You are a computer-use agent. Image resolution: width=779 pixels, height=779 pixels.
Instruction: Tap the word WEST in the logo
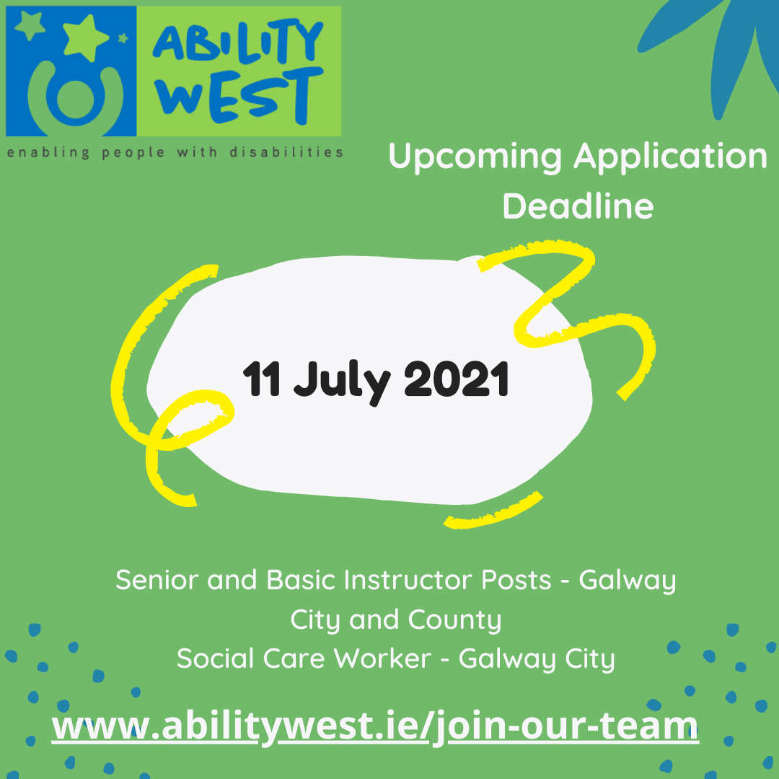pos(238,94)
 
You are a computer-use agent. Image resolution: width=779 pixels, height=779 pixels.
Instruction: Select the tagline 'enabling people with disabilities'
pos(175,152)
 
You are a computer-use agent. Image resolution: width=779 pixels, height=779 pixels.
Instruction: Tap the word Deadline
pos(578,206)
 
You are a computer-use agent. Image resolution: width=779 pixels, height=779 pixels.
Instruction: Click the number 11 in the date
pos(261,380)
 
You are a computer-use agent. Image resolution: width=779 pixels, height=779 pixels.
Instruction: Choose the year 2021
pos(456,380)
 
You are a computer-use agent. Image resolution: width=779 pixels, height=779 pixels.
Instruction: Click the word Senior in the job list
pos(158,579)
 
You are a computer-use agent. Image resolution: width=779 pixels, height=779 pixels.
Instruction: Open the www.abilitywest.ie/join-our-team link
pos(375,725)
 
